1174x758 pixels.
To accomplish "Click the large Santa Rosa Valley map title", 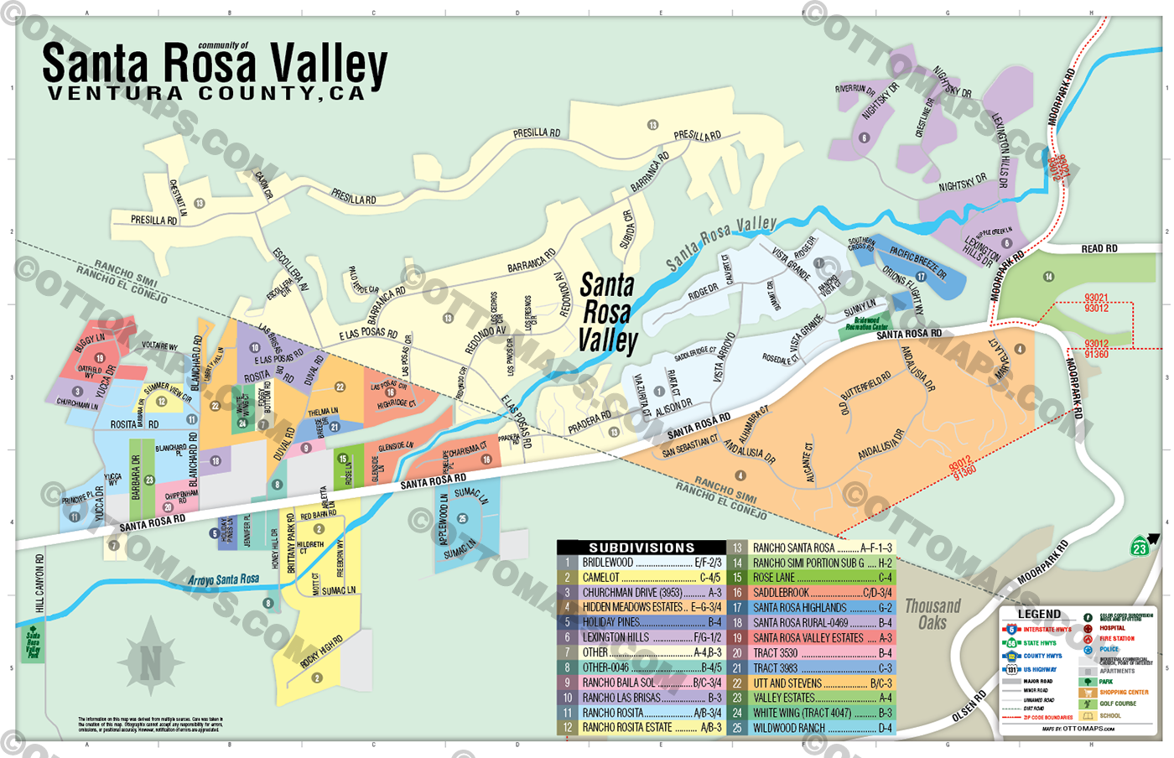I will (215, 65).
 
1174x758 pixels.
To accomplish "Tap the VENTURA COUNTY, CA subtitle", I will (206, 94).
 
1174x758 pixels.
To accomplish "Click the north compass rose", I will (150, 662).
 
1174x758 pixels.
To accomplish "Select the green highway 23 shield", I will (1140, 548).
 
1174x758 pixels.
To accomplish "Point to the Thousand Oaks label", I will (932, 614).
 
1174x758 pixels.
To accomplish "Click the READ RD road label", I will (1099, 249).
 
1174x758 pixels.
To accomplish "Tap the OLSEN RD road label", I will (969, 707).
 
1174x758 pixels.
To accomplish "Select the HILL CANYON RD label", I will (39, 582).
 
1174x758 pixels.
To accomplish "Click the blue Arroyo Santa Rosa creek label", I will (223, 580).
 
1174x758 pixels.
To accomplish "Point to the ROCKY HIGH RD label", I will (321, 652).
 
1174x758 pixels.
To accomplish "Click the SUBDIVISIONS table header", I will (642, 548).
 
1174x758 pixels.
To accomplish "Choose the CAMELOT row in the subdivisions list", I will (642, 578).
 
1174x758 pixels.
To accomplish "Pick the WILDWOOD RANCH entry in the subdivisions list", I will (811, 728).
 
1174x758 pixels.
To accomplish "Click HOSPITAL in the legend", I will (1112, 627).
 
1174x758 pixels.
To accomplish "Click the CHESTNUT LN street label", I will (178, 199).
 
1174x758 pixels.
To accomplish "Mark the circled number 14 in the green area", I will (1048, 277).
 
